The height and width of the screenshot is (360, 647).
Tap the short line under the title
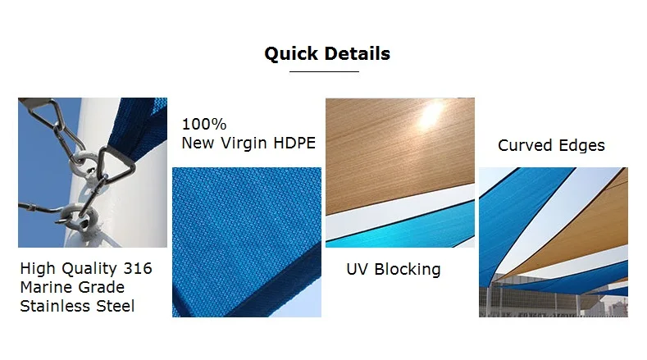coord(325,72)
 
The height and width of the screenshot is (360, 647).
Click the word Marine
coord(48,287)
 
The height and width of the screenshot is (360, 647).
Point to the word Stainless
coord(57,307)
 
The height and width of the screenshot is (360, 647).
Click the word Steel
coord(116,307)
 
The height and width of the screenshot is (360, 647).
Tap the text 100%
coord(203,125)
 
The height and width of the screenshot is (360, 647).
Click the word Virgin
coord(248,144)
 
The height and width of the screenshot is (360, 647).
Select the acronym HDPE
coord(296,144)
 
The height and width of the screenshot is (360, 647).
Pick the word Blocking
coord(408,269)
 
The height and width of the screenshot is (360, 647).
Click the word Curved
coord(526,146)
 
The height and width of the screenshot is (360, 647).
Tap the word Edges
coord(581,146)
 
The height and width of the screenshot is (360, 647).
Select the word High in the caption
coord(35,268)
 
